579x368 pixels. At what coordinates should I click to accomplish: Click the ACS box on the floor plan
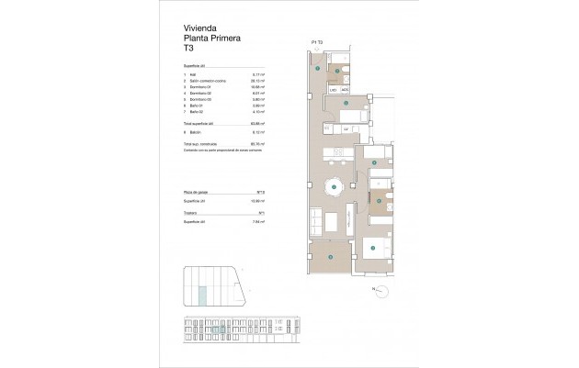(x=345, y=90)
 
